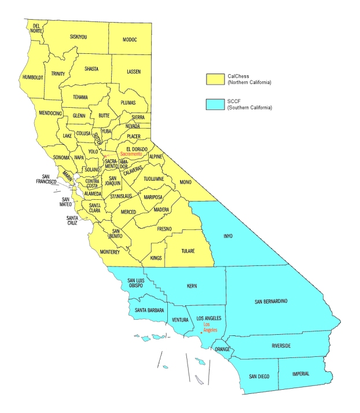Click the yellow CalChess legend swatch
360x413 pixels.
click(216, 79)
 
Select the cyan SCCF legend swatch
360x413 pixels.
click(216, 104)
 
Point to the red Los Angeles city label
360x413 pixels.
click(210, 328)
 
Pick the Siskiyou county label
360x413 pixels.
click(78, 36)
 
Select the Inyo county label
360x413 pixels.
click(229, 236)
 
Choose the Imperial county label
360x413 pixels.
click(300, 374)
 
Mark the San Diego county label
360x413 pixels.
click(259, 377)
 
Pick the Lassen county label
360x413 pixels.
click(134, 71)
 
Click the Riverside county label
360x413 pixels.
click(281, 346)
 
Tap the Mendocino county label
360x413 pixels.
click(50, 114)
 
